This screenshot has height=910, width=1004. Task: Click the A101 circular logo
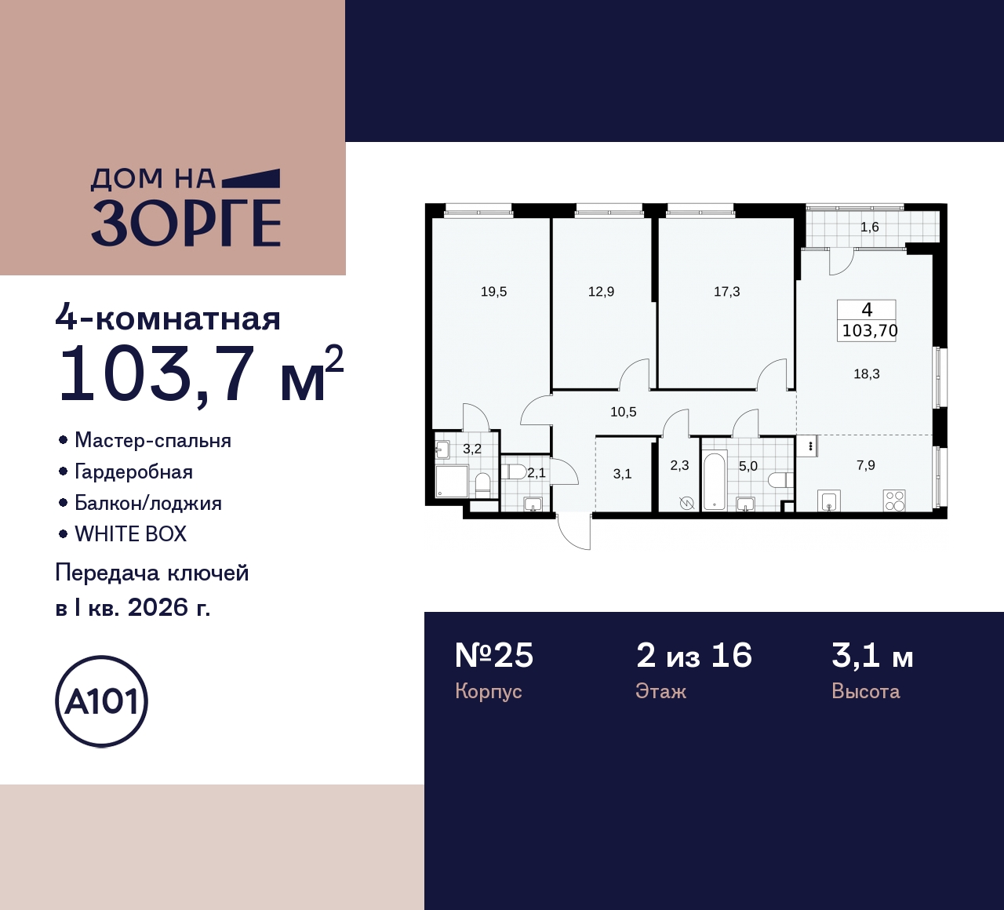[101, 701]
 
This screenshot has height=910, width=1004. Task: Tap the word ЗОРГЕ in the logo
[186, 224]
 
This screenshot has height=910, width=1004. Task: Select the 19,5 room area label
[493, 292]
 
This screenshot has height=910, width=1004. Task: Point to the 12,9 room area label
[601, 292]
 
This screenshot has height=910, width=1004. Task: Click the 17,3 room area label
[726, 292]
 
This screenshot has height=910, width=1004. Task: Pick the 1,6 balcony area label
[869, 227]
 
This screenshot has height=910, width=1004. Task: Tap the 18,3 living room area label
[866, 374]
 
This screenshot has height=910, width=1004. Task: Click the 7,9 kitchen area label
[865, 465]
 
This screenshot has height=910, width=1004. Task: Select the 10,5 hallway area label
[623, 412]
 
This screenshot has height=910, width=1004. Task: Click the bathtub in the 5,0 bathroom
[713, 480]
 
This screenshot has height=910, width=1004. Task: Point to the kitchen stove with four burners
[894, 500]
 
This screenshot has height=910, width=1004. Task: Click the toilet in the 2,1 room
[515, 472]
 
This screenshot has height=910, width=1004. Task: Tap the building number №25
[494, 655]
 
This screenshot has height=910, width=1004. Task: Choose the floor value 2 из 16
[693, 655]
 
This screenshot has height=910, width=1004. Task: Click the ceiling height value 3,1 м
[871, 655]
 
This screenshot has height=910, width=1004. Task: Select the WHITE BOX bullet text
[130, 534]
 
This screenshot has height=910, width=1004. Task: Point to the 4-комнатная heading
[168, 319]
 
